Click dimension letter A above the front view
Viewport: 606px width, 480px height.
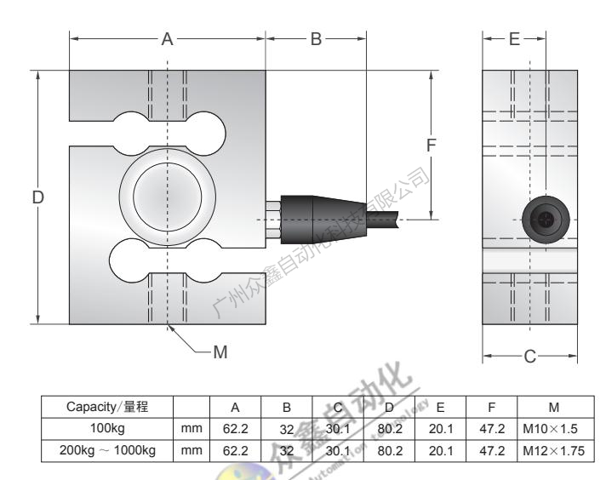168,39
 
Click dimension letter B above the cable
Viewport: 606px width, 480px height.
315,39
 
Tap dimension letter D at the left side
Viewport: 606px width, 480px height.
37,197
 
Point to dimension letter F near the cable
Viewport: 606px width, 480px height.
432,146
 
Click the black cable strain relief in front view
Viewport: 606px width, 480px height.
314,209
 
